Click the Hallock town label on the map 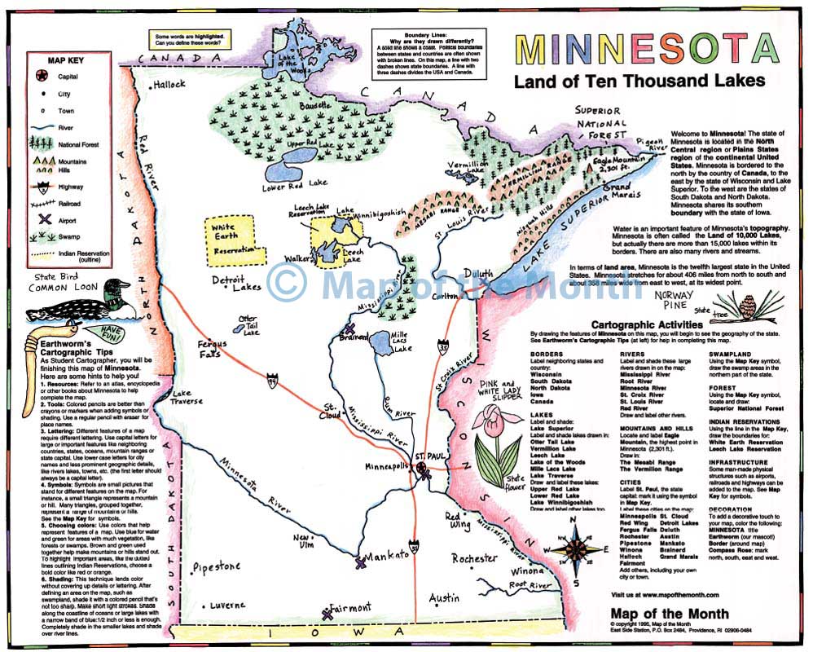point(170,84)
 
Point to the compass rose point(574,555)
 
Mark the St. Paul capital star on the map point(423,469)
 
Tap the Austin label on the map point(444,598)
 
